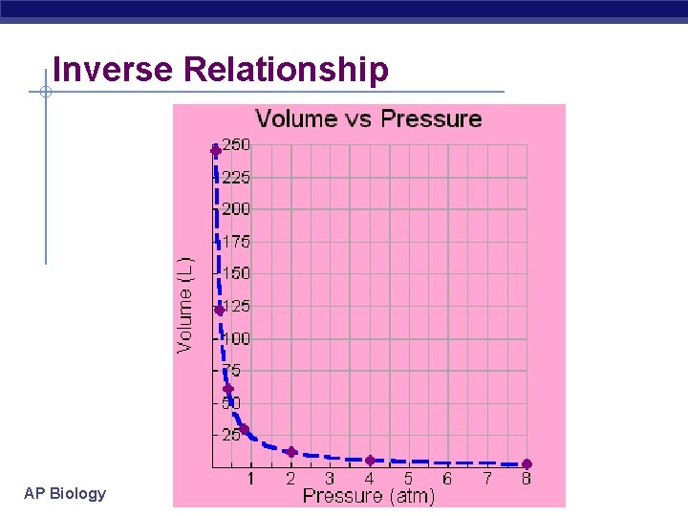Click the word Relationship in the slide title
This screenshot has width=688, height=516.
tap(286, 70)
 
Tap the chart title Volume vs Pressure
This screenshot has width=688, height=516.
tap(368, 119)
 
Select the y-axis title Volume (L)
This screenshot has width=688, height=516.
tap(185, 303)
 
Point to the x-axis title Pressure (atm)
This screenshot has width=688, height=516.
tap(368, 496)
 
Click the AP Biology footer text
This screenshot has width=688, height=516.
tap(65, 493)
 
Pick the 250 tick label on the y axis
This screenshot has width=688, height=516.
tap(236, 144)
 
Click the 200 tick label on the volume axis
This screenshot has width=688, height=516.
tap(236, 208)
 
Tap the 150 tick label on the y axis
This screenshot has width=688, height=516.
tap(236, 273)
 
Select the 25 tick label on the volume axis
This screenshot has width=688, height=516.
tap(232, 435)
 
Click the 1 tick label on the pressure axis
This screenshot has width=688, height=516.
tap(251, 478)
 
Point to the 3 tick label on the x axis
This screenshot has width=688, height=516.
tap(330, 478)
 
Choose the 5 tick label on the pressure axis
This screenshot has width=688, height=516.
tap(408, 478)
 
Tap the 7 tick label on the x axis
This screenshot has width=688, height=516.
tap(486, 478)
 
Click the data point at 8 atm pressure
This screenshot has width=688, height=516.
tap(527, 464)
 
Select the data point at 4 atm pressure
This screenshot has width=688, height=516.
tap(370, 461)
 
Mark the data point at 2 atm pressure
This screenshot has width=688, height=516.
tap(291, 452)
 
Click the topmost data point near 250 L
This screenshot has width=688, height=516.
tap(216, 151)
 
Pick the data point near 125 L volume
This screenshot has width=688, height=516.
tap(220, 310)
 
